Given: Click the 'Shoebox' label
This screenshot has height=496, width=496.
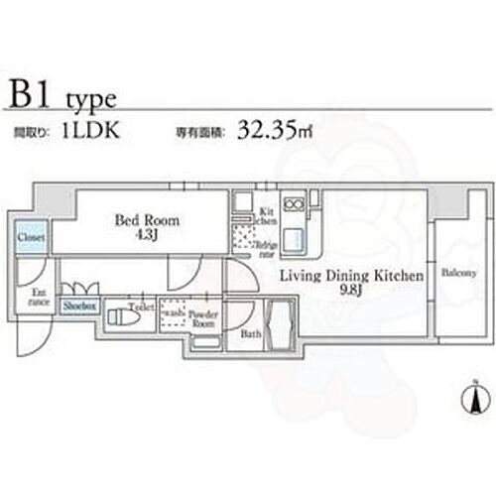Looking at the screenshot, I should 78,308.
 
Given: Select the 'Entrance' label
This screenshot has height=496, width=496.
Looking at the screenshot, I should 39,297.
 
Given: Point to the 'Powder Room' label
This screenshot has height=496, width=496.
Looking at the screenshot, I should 203,317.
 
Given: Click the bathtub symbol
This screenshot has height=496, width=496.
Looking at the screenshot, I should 281,324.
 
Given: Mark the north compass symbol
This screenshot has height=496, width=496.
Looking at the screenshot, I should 475,400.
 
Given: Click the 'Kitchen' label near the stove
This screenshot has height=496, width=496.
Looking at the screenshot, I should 268,216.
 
